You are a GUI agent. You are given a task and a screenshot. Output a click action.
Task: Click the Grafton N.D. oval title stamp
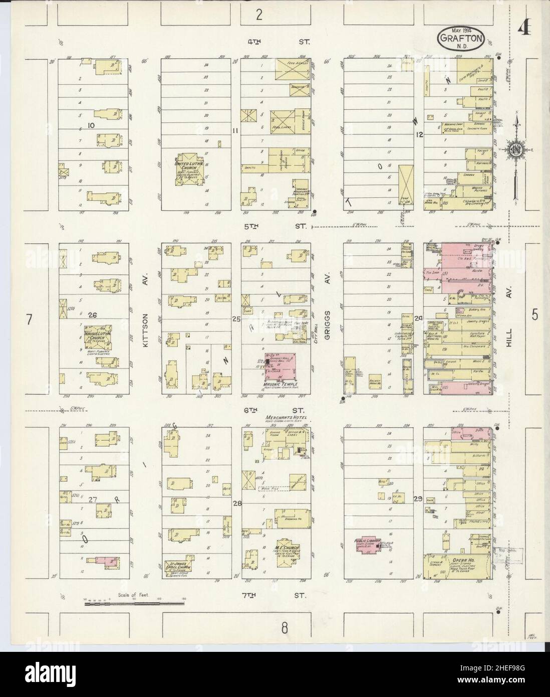click(461, 38)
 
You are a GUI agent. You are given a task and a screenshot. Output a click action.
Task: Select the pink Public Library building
click(369, 545)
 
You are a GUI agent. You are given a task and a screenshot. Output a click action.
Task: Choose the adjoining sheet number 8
click(285, 627)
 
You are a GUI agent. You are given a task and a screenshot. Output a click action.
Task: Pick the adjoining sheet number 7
click(30, 319)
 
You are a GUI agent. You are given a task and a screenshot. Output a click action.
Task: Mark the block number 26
click(92, 315)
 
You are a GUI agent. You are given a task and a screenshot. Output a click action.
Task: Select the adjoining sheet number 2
click(258, 15)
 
